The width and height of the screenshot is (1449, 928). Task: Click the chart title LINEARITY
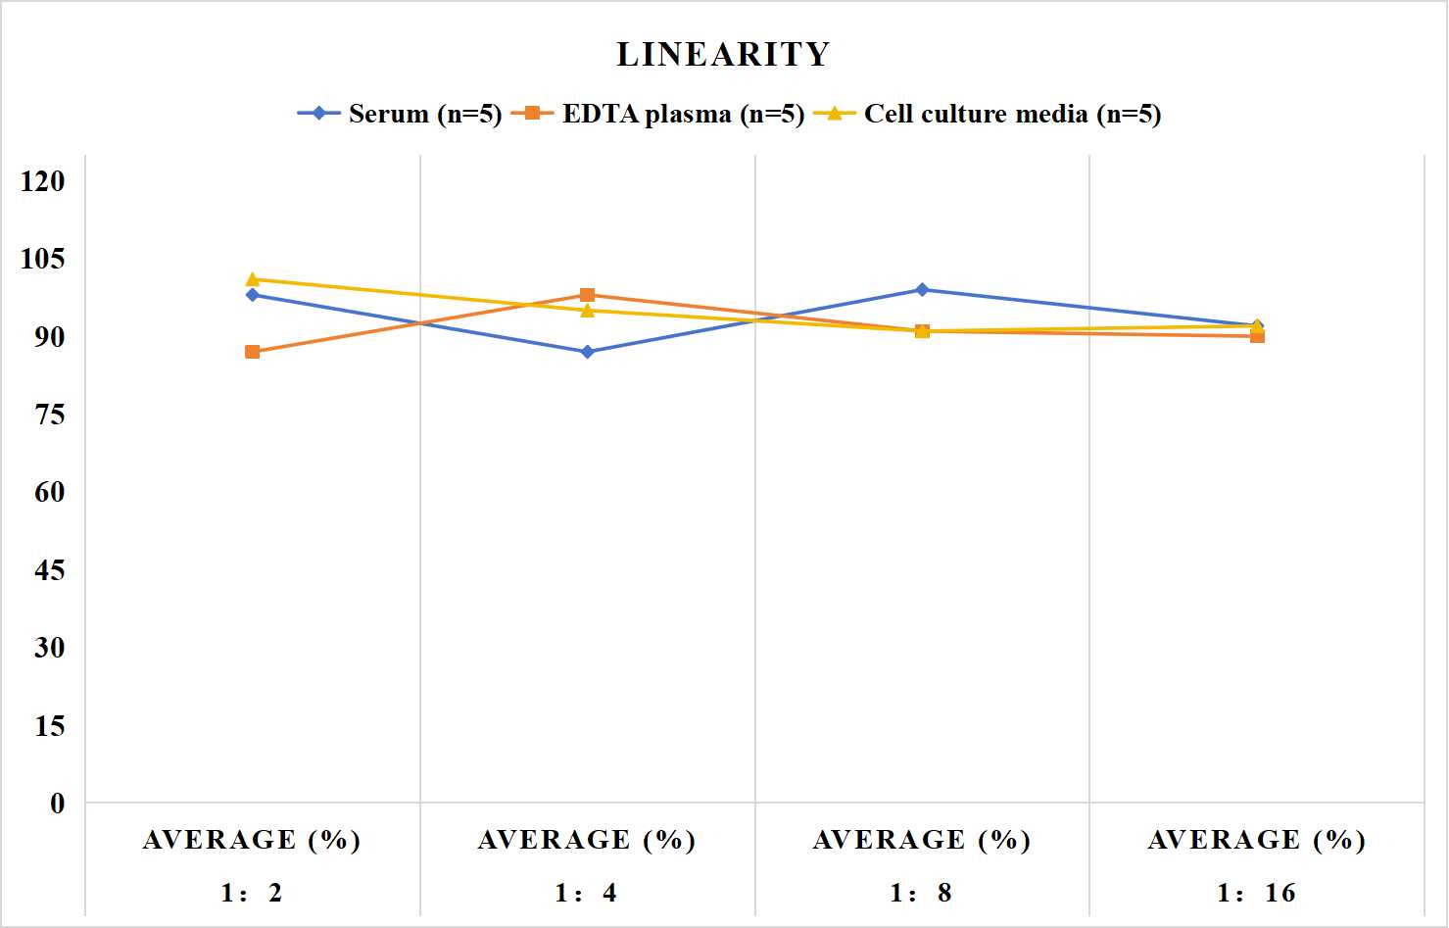point(723,54)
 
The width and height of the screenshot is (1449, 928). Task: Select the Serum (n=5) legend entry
point(400,114)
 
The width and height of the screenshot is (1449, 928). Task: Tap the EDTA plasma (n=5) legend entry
point(657,114)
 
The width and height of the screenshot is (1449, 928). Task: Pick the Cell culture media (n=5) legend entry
point(988,114)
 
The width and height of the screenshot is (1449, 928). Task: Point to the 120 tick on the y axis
point(43,180)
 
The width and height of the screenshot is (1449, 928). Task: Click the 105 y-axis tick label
point(43,259)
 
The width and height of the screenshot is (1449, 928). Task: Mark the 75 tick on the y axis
point(50,415)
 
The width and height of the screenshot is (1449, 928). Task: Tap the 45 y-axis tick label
point(50,570)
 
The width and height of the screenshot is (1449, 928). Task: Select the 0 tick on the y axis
point(58,804)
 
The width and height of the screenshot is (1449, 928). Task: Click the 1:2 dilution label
point(252,893)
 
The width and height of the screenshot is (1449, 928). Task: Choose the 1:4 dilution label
point(586,893)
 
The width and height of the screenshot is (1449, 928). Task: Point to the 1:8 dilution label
point(921,893)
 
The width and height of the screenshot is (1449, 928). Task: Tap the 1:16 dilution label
point(1256,893)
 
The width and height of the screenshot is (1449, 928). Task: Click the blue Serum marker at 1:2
point(253,295)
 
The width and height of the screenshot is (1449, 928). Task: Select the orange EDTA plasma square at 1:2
point(253,352)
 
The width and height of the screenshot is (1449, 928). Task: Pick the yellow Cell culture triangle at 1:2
point(253,279)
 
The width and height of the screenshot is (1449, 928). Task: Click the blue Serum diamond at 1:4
point(588,352)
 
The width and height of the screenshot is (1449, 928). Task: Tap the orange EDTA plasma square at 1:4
point(588,295)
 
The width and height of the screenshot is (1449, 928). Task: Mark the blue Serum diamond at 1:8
point(923,289)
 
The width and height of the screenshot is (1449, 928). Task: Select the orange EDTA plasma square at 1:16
point(1257,336)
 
